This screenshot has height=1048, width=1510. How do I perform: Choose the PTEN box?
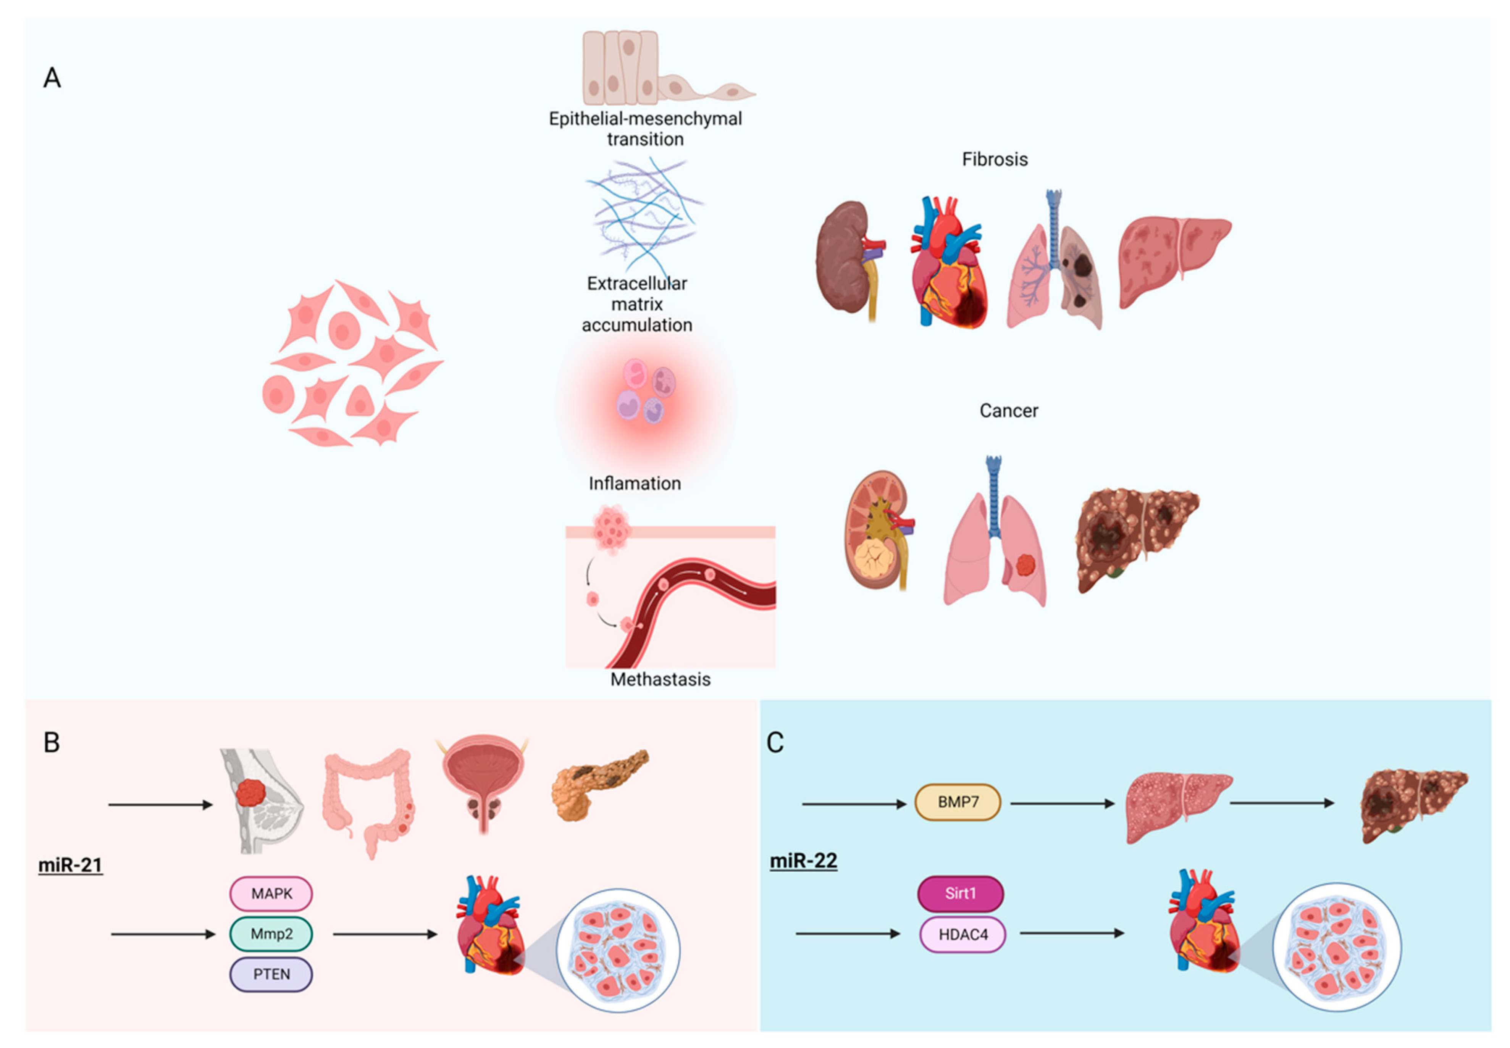click(271, 974)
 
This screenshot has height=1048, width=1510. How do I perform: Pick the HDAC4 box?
click(962, 934)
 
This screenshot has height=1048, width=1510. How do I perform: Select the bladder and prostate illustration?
click(483, 781)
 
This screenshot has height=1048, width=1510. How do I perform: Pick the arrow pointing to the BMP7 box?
click(853, 804)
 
